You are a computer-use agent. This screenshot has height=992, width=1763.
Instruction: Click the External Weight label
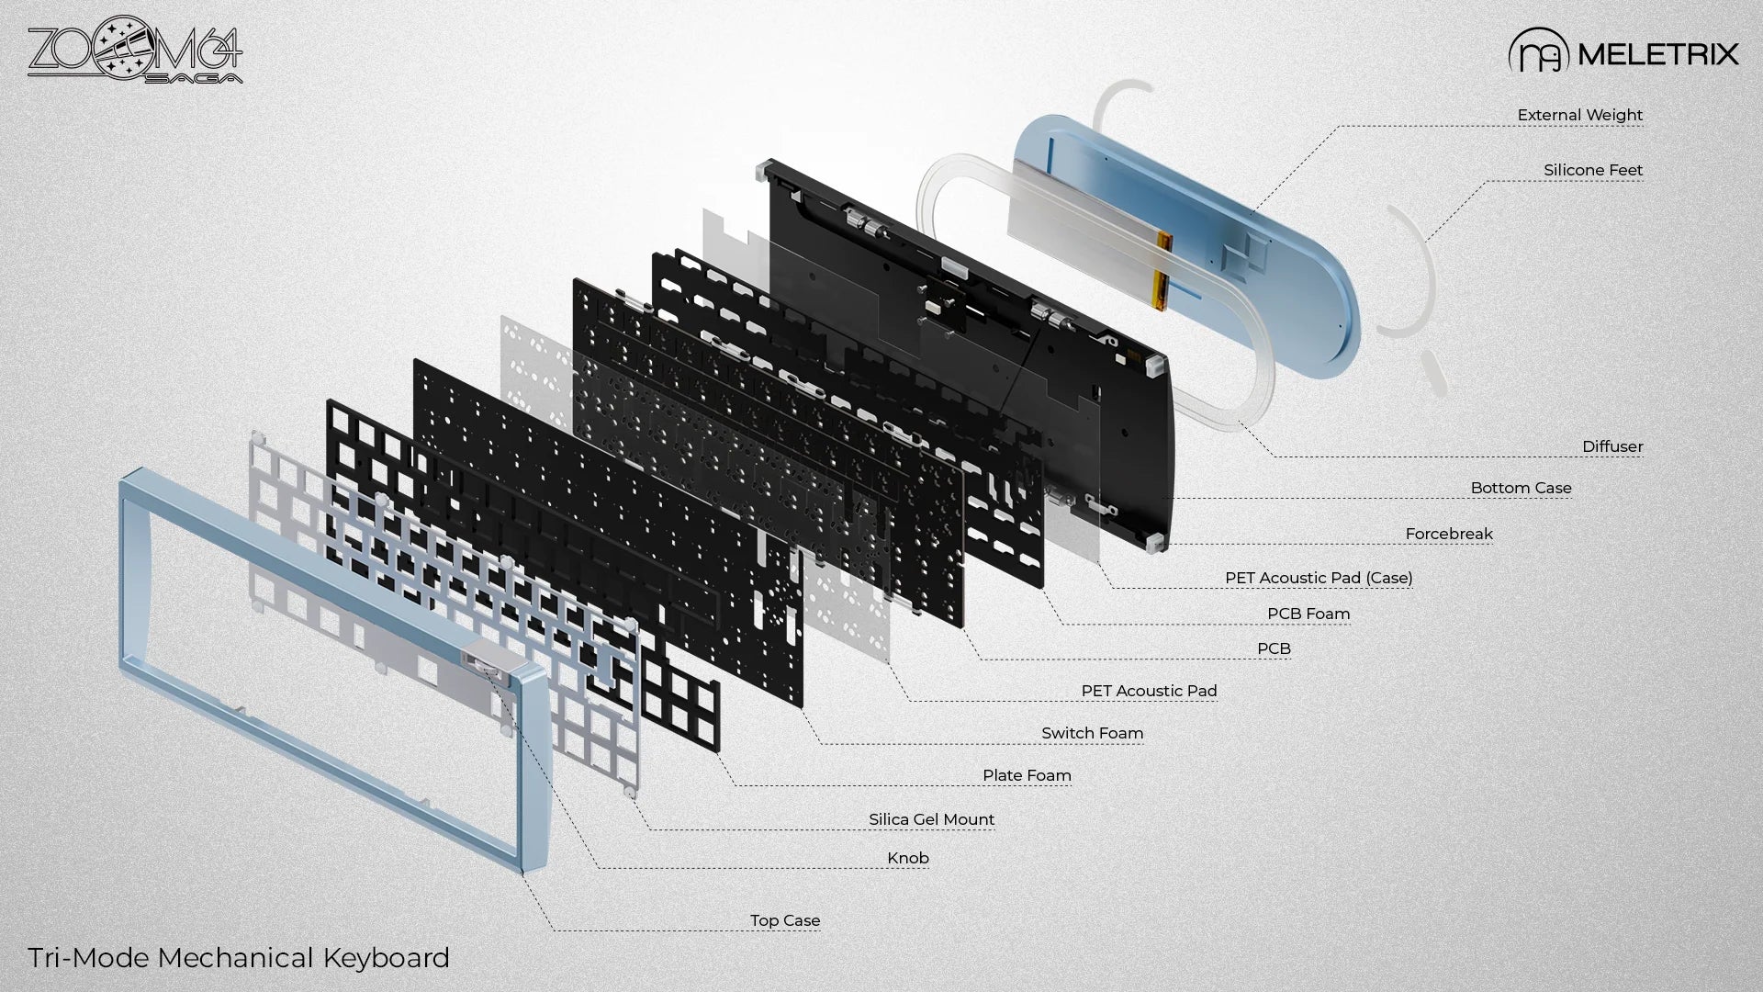(x=1579, y=115)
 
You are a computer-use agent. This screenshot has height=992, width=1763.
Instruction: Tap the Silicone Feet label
(x=1592, y=170)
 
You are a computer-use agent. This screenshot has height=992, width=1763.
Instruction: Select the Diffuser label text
(x=1611, y=446)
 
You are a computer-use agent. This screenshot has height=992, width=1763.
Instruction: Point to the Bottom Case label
(x=1521, y=488)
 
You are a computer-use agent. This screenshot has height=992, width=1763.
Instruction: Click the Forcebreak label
(x=1448, y=534)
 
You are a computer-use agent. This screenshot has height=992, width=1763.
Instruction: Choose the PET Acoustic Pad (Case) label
(x=1318, y=578)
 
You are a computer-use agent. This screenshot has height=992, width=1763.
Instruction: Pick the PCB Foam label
(x=1308, y=614)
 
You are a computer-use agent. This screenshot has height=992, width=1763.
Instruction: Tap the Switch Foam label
(x=1092, y=733)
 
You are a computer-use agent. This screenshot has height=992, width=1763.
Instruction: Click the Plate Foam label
(x=1026, y=775)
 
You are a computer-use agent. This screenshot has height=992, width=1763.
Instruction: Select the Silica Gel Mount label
(x=931, y=819)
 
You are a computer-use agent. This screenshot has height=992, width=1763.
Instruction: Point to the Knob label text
(x=907, y=858)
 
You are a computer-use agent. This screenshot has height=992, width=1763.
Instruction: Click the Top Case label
(x=784, y=920)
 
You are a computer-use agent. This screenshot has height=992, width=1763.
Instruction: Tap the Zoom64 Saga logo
(x=135, y=55)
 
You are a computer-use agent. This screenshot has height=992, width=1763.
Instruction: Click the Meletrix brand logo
(x=1623, y=53)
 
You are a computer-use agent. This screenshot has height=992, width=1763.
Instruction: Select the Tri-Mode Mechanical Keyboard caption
(x=239, y=958)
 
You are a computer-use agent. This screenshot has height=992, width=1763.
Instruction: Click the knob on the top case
(x=481, y=659)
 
